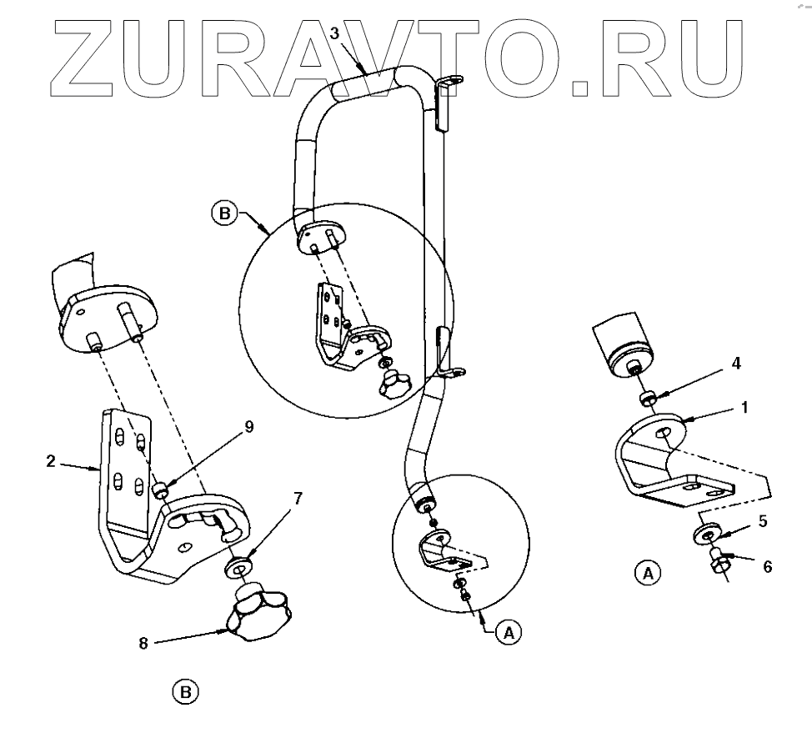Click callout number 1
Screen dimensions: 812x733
pos(744,409)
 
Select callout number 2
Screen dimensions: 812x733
pos(52,460)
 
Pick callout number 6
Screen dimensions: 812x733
pos(767,567)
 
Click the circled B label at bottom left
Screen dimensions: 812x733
pos(185,691)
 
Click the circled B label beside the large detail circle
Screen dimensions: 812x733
pos(223,213)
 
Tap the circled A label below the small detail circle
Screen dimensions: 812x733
pos(506,633)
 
